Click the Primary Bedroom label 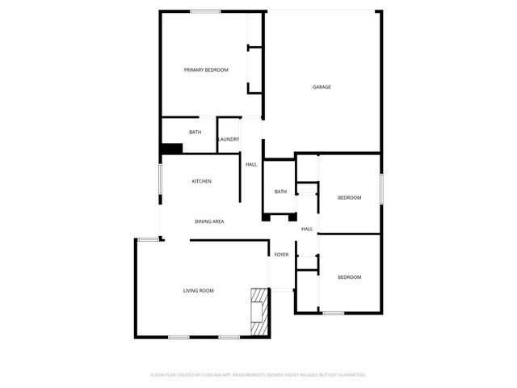pyautogui.click(x=206, y=70)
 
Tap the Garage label pyautogui.click(x=322, y=87)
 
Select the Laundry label pyautogui.click(x=229, y=139)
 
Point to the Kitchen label pyautogui.click(x=201, y=181)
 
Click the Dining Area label pyautogui.click(x=209, y=221)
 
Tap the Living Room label pyautogui.click(x=198, y=290)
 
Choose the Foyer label pyautogui.click(x=281, y=255)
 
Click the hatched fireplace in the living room pyautogui.click(x=258, y=311)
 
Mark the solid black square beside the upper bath pyautogui.click(x=171, y=148)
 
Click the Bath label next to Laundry pyautogui.click(x=195, y=132)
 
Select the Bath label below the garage pyautogui.click(x=280, y=192)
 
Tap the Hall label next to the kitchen pyautogui.click(x=251, y=165)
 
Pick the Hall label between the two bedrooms pyautogui.click(x=307, y=229)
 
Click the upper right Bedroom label pyautogui.click(x=349, y=198)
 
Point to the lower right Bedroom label pyautogui.click(x=349, y=277)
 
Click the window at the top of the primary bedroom pyautogui.click(x=205, y=11)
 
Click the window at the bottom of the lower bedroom pyautogui.click(x=333, y=313)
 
